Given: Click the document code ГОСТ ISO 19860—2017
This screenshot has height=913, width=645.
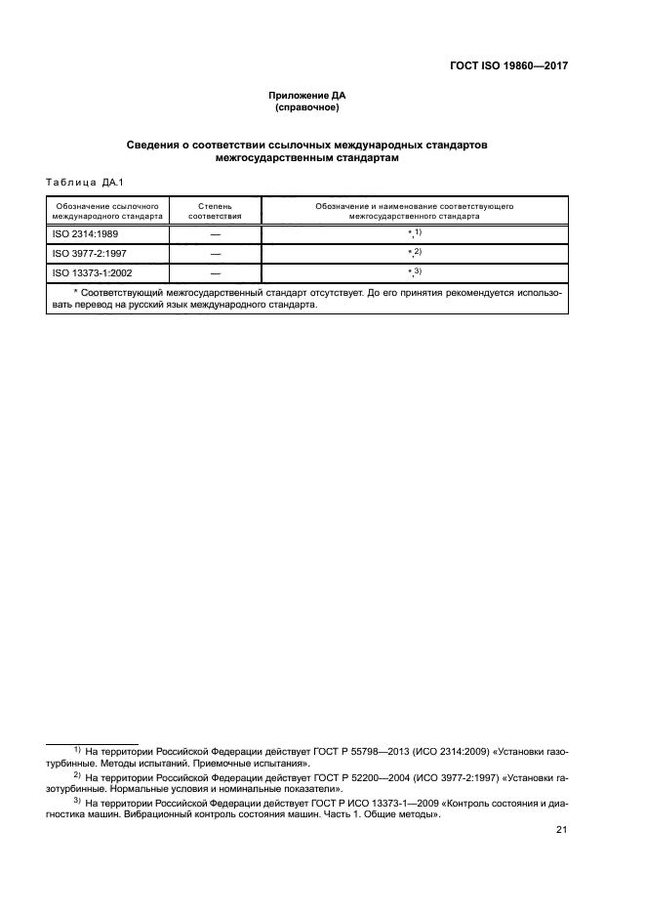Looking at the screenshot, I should [508, 66].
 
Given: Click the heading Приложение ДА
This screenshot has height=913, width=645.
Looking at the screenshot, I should [307, 95].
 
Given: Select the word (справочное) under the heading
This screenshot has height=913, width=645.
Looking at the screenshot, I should [307, 107].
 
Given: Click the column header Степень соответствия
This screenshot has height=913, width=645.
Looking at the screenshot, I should [215, 212].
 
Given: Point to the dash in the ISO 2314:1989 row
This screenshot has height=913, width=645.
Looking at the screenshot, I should [215, 233].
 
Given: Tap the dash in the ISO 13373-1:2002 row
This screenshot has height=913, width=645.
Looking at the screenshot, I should [215, 272].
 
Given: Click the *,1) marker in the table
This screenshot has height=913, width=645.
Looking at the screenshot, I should [414, 232].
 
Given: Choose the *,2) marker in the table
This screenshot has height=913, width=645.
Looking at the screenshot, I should [414, 252].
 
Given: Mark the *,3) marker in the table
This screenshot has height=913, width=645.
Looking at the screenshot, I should [414, 271].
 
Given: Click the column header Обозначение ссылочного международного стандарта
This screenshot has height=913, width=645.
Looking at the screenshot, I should [107, 212].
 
